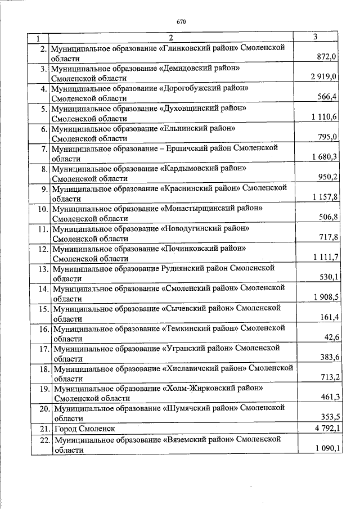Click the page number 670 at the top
(181, 22)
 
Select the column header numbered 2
(172, 38)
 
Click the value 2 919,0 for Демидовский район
(323, 77)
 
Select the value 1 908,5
(323, 298)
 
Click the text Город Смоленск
(83, 429)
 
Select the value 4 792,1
(323, 429)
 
